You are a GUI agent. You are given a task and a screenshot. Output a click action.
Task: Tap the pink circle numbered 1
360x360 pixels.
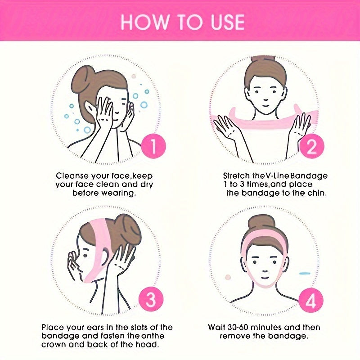(153, 146)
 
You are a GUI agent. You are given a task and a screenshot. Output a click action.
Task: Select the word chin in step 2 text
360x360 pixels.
(317, 193)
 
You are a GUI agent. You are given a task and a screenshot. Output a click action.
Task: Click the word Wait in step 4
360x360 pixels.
(216, 327)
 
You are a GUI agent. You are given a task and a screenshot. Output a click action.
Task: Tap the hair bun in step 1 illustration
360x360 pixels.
(83, 76)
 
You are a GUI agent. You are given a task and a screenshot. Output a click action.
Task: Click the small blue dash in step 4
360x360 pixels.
(305, 273)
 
